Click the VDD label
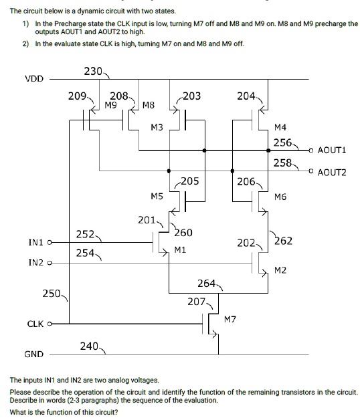pyautogui.click(x=34, y=79)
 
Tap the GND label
pyautogui.click(x=34, y=354)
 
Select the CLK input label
pyautogui.click(x=35, y=324)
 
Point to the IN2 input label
pyautogui.click(x=36, y=264)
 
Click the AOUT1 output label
pyautogui.click(x=333, y=150)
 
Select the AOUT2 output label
pyautogui.click(x=333, y=172)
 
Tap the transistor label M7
pyautogui.click(x=230, y=319)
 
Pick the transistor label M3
pyautogui.click(x=157, y=127)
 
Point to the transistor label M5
pyautogui.click(x=157, y=196)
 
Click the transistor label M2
pyautogui.click(x=280, y=270)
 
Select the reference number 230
pyautogui.click(x=92, y=71)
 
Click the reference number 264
pyautogui.click(x=207, y=284)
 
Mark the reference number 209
pyautogui.click(x=77, y=96)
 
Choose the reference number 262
pyautogui.click(x=283, y=240)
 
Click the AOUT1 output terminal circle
pyautogui.click(x=312, y=150)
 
